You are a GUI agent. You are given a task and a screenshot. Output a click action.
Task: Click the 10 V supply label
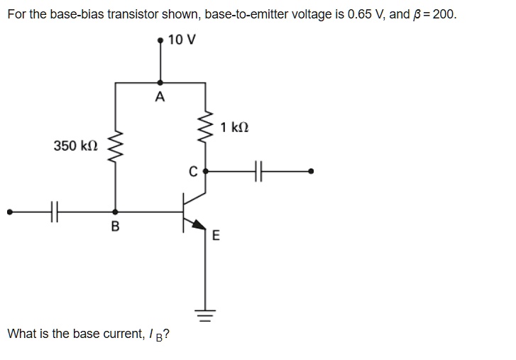[182, 40]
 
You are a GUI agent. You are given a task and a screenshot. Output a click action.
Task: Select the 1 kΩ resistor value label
[234, 128]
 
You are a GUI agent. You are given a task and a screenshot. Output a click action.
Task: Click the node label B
[116, 227]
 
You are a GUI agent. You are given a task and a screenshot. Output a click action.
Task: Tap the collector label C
[192, 171]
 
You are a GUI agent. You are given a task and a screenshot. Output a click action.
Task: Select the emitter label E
[216, 236]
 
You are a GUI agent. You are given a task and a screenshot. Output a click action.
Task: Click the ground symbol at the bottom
[206, 315]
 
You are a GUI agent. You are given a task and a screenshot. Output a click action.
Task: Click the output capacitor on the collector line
[259, 171]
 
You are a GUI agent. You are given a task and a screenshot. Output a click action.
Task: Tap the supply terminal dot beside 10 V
[160, 40]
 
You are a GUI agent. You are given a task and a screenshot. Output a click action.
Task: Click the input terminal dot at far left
[9, 211]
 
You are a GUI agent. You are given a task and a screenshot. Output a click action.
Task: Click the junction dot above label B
[116, 211]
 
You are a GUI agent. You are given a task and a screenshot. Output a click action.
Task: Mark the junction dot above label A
[160, 82]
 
